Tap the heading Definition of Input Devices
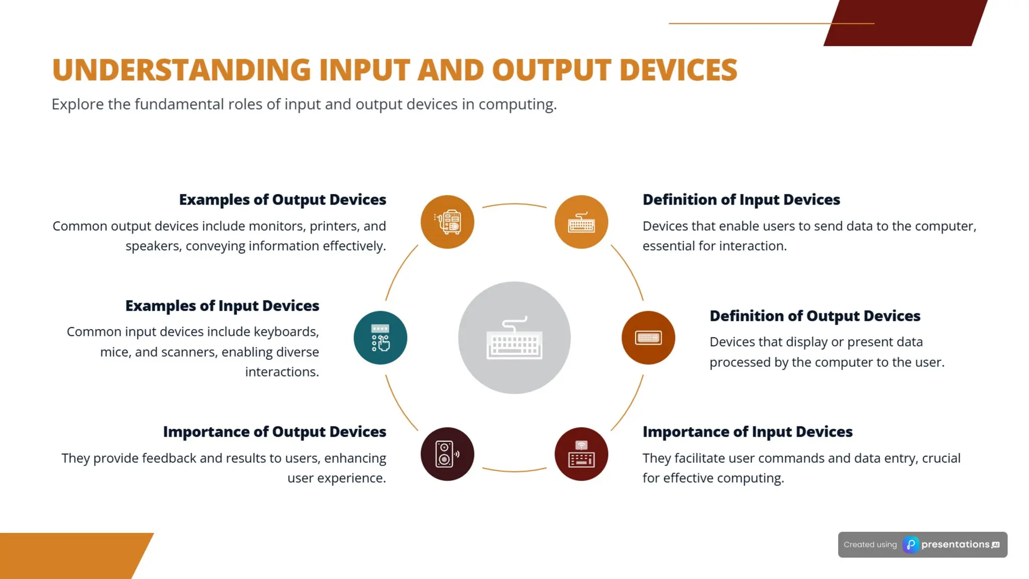741,200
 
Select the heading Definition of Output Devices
814,316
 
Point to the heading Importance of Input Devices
747,432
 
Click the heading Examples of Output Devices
282,200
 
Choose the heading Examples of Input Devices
222,306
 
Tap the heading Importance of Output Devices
274,432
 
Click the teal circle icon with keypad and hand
380,338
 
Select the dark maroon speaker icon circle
447,454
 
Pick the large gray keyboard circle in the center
514,338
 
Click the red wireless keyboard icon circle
581,454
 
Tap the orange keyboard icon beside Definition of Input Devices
581,222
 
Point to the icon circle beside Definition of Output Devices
648,338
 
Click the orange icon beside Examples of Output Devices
447,222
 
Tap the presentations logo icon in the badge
910,545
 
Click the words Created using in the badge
870,545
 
